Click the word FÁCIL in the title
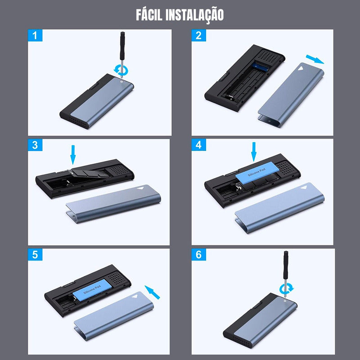point(149,15)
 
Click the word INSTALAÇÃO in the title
point(194,16)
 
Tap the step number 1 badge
point(35,36)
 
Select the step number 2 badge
point(199,36)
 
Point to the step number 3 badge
point(35,145)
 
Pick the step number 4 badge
point(199,145)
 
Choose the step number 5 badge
point(35,255)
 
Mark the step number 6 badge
point(199,255)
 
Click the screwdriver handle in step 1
point(122,46)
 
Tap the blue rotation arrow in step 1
point(121,70)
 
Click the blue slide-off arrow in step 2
point(315,59)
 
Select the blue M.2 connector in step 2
point(261,67)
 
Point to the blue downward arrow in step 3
point(73,155)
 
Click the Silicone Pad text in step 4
point(256,172)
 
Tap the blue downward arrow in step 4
point(254,152)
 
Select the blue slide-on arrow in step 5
point(152,292)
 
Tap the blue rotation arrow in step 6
point(287,288)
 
